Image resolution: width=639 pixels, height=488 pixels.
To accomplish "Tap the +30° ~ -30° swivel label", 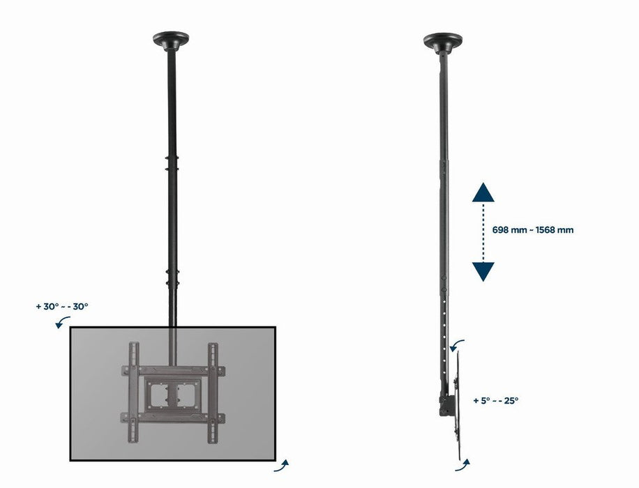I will point(61,306).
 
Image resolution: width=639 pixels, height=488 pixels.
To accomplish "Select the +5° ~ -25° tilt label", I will point(495,401).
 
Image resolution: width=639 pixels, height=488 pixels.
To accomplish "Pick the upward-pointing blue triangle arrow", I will point(483,192).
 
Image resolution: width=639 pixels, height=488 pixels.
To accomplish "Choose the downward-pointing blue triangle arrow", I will point(483,271).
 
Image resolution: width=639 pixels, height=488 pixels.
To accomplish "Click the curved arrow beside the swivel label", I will point(63,321).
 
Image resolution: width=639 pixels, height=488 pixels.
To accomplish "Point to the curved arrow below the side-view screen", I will point(465,464).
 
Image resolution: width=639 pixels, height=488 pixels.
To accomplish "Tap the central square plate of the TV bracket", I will point(172,390).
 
